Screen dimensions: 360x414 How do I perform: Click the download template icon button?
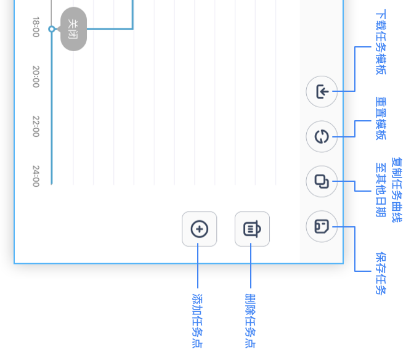322,92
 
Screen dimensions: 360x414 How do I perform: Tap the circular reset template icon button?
322,137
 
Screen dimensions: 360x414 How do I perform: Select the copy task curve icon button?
322,182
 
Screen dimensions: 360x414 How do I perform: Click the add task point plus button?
199,229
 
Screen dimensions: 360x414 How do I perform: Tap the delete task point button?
252,229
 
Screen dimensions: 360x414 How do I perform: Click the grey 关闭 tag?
73,29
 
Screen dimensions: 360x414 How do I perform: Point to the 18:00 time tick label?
36,27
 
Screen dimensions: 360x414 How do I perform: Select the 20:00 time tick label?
36,76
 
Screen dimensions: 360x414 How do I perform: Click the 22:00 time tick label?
36,126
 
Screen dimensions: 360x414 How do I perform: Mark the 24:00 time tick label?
36,175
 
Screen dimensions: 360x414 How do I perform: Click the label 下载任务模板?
381,42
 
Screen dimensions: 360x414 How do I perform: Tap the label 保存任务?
381,273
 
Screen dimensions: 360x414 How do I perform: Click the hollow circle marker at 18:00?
52,29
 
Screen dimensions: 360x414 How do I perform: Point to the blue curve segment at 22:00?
51,126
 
